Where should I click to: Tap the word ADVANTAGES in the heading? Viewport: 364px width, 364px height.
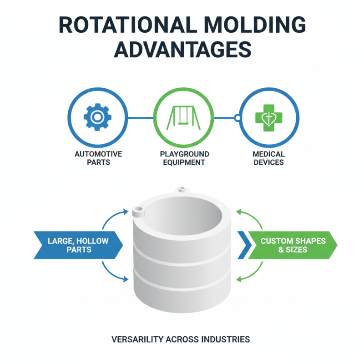click(182, 49)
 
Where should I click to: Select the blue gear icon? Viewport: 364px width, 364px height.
click(97, 117)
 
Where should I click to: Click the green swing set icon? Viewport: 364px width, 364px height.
click(182, 117)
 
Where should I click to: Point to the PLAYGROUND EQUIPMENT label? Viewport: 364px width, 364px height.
click(182, 158)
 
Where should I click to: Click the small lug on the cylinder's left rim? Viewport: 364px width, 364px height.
click(138, 210)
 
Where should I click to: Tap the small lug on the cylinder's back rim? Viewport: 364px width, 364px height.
click(182, 188)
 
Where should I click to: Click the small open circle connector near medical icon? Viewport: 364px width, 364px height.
click(237, 118)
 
